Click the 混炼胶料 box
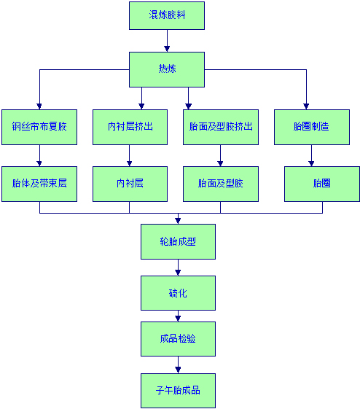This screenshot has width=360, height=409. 167,15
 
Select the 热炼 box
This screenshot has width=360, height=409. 167,70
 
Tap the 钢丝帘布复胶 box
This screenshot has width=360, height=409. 39,128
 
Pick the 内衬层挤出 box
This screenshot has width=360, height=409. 130,128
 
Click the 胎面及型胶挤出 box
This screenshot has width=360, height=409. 221,128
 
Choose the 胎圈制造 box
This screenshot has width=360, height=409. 312,128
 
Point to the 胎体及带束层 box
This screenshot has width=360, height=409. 39,184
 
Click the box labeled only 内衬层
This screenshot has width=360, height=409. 130,184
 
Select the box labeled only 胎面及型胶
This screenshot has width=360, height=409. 221,184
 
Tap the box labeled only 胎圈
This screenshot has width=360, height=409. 322,184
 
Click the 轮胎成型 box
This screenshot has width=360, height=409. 179,241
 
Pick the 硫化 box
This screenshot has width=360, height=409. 179,293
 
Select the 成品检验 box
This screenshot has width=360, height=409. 179,339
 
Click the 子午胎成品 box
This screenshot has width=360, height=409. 179,391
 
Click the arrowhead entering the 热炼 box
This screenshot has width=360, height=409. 167,49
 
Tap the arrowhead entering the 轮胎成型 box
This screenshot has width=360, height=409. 178,221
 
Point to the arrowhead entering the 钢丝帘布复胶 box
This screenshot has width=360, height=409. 39,106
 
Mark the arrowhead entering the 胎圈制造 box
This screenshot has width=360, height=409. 306,106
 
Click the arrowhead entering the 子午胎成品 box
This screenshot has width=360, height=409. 178,370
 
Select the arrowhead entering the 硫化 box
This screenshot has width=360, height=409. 178,273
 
